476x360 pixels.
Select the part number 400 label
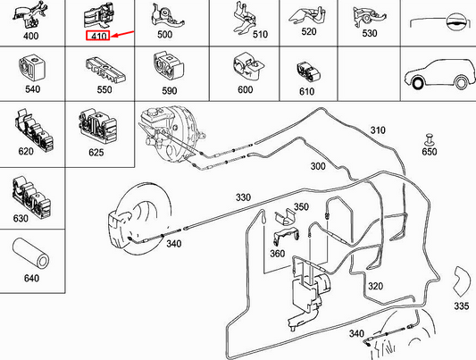[x=30, y=38]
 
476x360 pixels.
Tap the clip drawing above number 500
[x=165, y=15]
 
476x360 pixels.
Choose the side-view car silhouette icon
[x=436, y=76]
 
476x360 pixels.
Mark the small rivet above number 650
[x=428, y=139]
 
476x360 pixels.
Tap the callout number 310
[x=378, y=130]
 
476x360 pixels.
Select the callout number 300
[x=317, y=167]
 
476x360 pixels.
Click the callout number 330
[x=244, y=197]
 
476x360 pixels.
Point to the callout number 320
[x=375, y=287]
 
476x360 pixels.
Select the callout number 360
[x=276, y=254]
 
